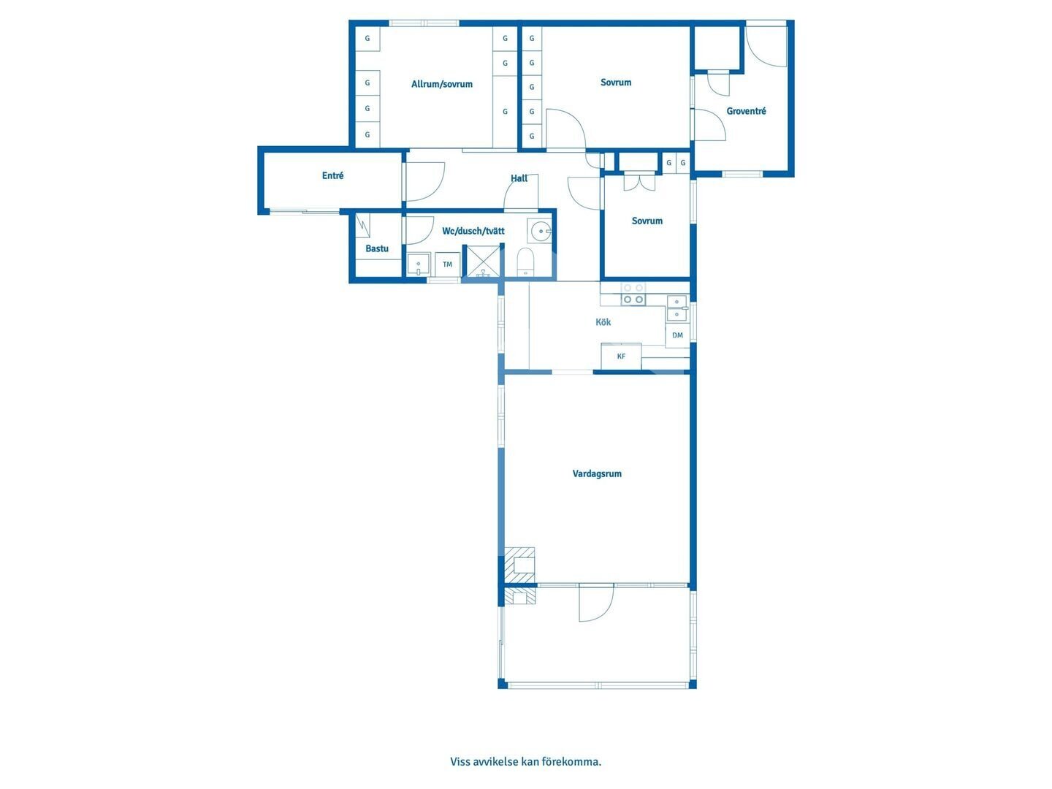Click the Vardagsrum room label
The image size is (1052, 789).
coord(597,474)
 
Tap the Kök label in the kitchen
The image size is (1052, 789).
coord(603,322)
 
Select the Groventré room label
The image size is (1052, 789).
coord(746,111)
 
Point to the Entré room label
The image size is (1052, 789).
coord(332,176)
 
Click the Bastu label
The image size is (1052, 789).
coord(377,248)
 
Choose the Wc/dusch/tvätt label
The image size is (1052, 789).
coord(473,231)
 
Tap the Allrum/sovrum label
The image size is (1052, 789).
coord(441,84)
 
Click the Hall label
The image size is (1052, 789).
coord(519,178)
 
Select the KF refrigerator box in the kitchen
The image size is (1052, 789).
coord(621,356)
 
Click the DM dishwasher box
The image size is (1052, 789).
coord(677,335)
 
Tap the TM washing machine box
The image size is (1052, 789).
coord(447,264)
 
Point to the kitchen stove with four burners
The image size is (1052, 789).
coord(633,294)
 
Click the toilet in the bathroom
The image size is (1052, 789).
coord(526,262)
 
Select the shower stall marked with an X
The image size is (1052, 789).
coord(483,261)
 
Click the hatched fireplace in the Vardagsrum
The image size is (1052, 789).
coord(519,565)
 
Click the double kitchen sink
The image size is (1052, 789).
coord(677,308)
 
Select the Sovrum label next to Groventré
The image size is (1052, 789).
coord(615,83)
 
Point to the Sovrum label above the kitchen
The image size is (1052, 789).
coord(647,221)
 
